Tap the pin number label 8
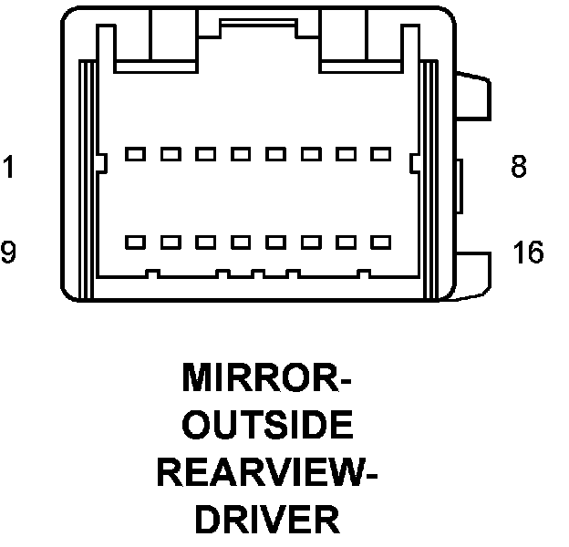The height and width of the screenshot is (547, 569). [x=518, y=168]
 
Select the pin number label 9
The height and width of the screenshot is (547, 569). [x=7, y=253]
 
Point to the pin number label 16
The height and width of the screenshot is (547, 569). [x=527, y=253]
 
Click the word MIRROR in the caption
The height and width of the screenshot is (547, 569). [x=266, y=378]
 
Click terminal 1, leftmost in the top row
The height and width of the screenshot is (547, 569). [x=136, y=154]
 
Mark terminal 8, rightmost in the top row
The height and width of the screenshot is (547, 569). [x=380, y=154]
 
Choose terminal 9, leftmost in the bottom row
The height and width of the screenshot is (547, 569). [x=136, y=243]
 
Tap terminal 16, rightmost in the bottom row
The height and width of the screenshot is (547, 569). [x=380, y=243]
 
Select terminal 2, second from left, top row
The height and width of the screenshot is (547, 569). [x=171, y=154]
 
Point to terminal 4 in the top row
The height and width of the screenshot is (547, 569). [x=241, y=154]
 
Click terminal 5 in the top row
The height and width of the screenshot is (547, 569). [x=275, y=154]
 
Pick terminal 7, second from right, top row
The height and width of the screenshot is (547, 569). [x=346, y=154]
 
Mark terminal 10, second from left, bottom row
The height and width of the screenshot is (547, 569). [x=171, y=243]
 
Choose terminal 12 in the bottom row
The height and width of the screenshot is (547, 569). [x=241, y=243]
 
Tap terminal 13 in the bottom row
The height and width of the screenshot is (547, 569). [x=275, y=243]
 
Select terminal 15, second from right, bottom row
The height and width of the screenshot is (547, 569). [x=346, y=243]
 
